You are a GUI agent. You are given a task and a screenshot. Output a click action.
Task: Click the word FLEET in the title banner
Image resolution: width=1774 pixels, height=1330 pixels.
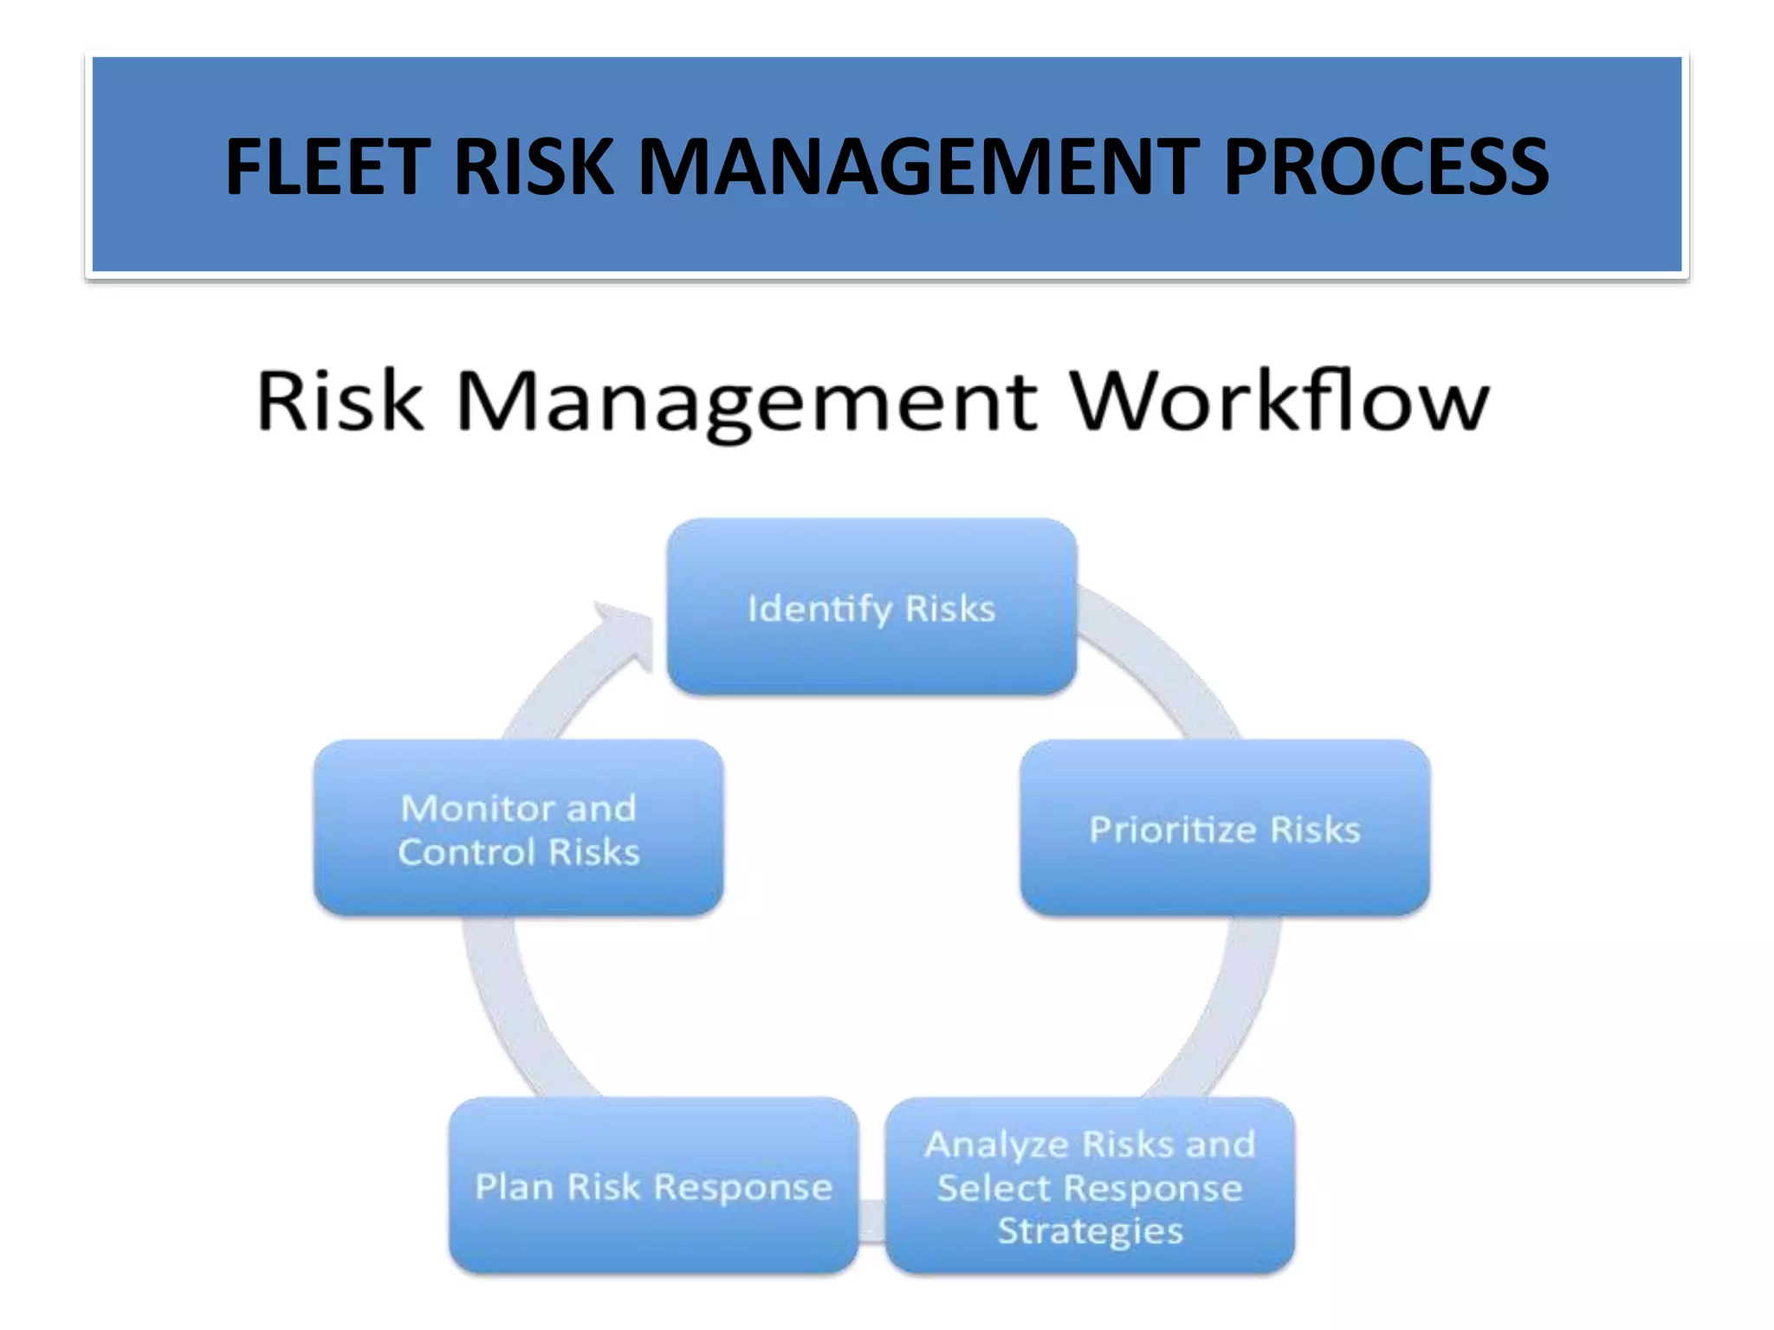(x=327, y=166)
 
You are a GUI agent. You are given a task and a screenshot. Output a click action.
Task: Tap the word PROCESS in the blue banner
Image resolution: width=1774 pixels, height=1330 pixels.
(x=1386, y=166)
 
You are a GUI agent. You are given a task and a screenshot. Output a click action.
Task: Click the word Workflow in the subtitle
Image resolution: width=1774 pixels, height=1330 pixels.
(x=1279, y=400)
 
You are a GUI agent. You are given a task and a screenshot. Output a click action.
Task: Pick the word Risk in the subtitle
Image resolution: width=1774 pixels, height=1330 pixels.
(x=340, y=400)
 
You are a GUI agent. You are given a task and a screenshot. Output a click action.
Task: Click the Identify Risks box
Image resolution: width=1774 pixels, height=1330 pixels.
(x=871, y=606)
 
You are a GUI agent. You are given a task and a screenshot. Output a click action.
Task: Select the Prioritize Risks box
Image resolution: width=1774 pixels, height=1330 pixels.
(x=1225, y=828)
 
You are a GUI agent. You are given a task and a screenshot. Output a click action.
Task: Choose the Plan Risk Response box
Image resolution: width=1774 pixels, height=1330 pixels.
(x=653, y=1185)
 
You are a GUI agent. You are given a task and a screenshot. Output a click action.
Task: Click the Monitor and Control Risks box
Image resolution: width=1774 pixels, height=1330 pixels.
(x=518, y=828)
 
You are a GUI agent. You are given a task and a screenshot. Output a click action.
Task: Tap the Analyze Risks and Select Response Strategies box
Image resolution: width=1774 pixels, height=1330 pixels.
(x=1090, y=1185)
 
